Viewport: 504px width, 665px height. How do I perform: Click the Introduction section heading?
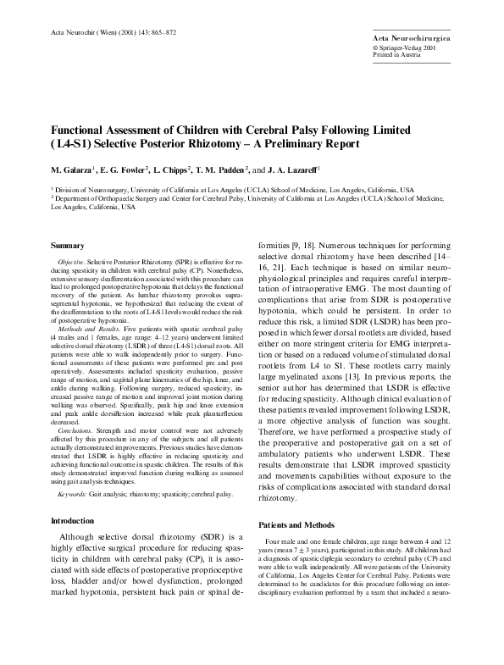point(75,519)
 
